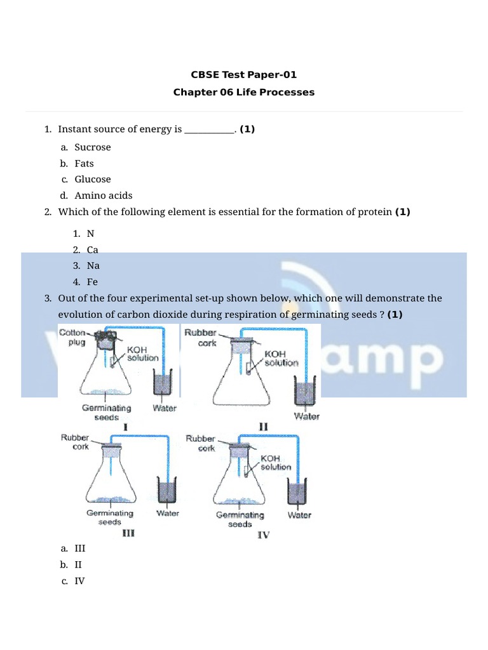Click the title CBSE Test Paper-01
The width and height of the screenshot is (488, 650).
tap(243, 75)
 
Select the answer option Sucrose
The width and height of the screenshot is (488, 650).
tap(92, 147)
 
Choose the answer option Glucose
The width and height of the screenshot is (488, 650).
tap(92, 180)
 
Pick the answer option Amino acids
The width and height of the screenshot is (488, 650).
tap(103, 196)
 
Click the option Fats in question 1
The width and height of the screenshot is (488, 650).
tap(84, 163)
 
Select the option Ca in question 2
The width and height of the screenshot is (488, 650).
tap(92, 250)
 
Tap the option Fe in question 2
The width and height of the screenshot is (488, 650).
tap(92, 282)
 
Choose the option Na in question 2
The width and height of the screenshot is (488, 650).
tap(93, 266)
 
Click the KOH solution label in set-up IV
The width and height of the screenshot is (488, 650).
tap(276, 462)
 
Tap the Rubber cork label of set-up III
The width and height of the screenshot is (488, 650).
tap(76, 442)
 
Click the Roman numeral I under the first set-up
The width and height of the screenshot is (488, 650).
tap(125, 428)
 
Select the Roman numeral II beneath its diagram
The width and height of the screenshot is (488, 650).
tap(263, 427)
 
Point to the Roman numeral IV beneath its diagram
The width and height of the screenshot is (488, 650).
tap(263, 535)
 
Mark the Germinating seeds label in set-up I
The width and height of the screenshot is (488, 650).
tap(106, 413)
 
